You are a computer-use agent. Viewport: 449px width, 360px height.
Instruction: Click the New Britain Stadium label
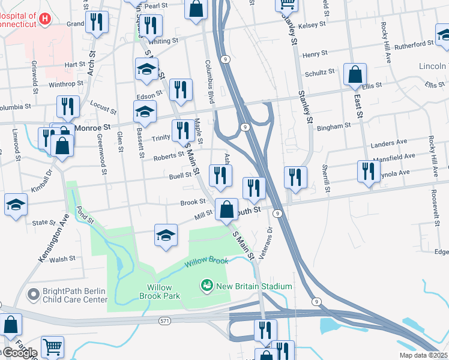pos(254,286)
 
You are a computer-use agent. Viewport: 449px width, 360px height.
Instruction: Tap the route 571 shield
pos(164,321)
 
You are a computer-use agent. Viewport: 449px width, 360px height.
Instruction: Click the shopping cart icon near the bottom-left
pos(52,347)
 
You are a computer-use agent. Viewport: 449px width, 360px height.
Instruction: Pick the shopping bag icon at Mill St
pos(226,211)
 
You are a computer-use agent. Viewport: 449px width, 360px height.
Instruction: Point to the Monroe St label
pos(93,128)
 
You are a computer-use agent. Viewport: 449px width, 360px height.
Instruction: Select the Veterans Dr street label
pos(270,238)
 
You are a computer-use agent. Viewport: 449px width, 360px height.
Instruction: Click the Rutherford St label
pos(415,44)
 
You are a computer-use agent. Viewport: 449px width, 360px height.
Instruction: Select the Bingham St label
pos(333,127)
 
